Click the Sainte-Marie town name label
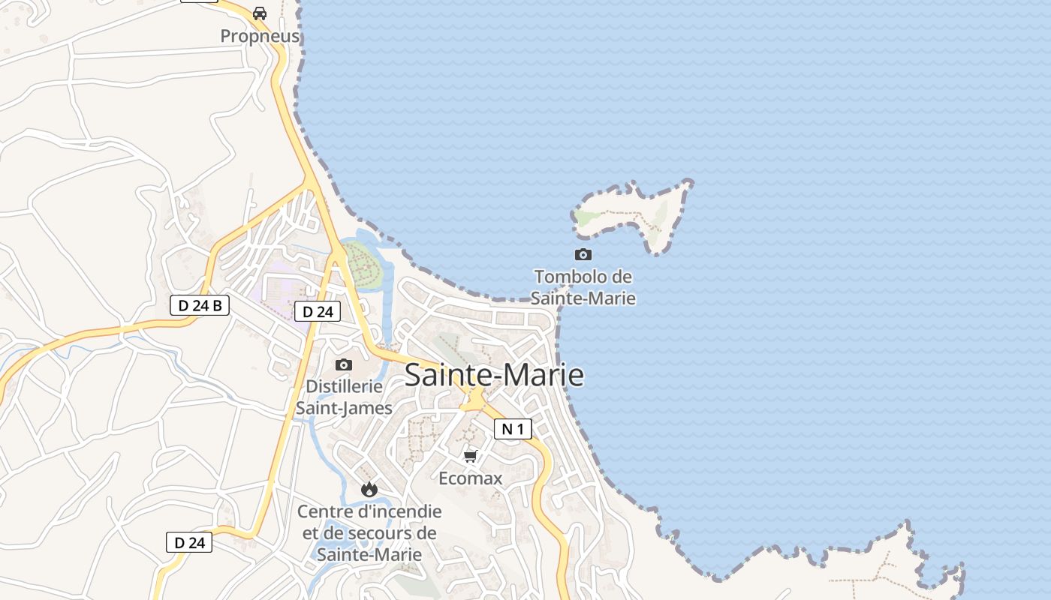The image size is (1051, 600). tap(494, 375)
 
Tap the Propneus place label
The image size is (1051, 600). tap(260, 36)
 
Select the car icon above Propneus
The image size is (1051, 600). tap(260, 13)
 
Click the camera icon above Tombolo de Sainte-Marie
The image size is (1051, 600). tap(583, 255)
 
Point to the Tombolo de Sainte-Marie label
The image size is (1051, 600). tap(583, 287)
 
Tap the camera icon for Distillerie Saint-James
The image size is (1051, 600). tap(344, 365)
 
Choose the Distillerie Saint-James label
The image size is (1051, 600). tap(344, 397)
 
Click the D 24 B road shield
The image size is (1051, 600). tap(200, 305)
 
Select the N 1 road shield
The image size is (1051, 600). tap(513, 429)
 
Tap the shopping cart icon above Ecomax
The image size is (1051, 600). tap(471, 457)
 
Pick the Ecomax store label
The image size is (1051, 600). tap(471, 478)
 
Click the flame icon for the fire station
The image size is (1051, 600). tap(369, 490)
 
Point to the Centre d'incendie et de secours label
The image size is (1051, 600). tap(369, 533)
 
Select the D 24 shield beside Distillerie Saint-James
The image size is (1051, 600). tap(318, 312)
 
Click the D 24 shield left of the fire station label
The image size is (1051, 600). tap(189, 542)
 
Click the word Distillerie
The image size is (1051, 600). tap(345, 387)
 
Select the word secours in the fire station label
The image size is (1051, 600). tap(399, 533)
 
